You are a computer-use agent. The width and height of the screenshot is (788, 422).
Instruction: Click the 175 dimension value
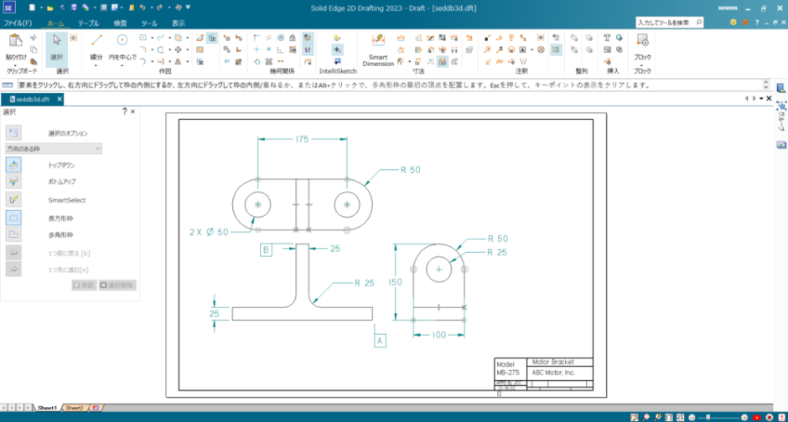click(x=302, y=140)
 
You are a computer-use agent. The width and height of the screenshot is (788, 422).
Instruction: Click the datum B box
click(x=266, y=250)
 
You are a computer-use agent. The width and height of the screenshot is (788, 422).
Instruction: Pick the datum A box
click(x=380, y=341)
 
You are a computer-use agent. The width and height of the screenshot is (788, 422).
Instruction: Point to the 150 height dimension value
click(x=392, y=283)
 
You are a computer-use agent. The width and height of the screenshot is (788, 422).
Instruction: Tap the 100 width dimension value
click(x=438, y=335)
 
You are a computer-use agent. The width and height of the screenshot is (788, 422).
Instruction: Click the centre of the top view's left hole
click(x=257, y=204)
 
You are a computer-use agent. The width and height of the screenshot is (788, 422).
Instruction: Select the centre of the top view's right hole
click(x=346, y=204)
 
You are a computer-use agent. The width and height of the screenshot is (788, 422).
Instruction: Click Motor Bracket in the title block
click(x=551, y=363)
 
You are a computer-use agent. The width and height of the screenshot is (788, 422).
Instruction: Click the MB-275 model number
click(x=506, y=373)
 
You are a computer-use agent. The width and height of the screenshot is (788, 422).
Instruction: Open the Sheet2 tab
click(x=75, y=408)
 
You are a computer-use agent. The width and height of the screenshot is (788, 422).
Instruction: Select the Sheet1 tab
click(x=47, y=408)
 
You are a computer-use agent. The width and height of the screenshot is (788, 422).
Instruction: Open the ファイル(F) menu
click(x=18, y=23)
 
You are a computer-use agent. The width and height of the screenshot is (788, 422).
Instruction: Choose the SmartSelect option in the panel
click(x=67, y=200)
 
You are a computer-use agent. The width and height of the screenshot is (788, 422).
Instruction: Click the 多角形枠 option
click(x=61, y=235)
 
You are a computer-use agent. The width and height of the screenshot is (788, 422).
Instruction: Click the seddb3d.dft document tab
click(x=31, y=100)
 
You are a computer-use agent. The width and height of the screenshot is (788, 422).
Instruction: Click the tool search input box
click(x=666, y=23)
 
